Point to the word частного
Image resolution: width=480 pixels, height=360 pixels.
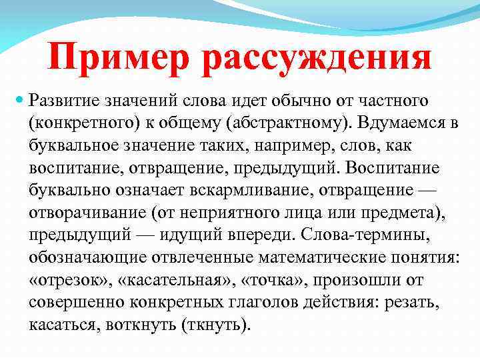[393, 100]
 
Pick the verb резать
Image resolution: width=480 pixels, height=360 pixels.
[414, 304]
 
